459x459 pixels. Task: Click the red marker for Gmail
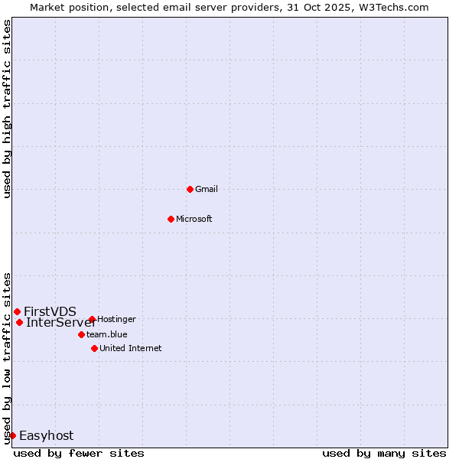190,189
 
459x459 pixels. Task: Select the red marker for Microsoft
171,219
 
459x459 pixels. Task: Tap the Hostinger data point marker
92,319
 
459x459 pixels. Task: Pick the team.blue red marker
81,334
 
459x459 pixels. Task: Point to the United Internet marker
94,348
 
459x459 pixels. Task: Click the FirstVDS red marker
17,311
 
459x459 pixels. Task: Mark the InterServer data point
19,322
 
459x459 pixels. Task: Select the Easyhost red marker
12,435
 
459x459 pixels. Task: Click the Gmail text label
207,189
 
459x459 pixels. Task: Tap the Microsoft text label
194,219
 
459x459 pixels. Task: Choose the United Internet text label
131,348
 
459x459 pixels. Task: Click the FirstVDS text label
50,311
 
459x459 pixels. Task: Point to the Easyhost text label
46,435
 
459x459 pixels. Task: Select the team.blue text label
107,334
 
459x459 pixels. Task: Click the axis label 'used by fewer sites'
79,453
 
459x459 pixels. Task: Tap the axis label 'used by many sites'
384,453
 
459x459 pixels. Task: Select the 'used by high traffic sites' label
7,109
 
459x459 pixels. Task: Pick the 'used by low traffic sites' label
7,357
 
